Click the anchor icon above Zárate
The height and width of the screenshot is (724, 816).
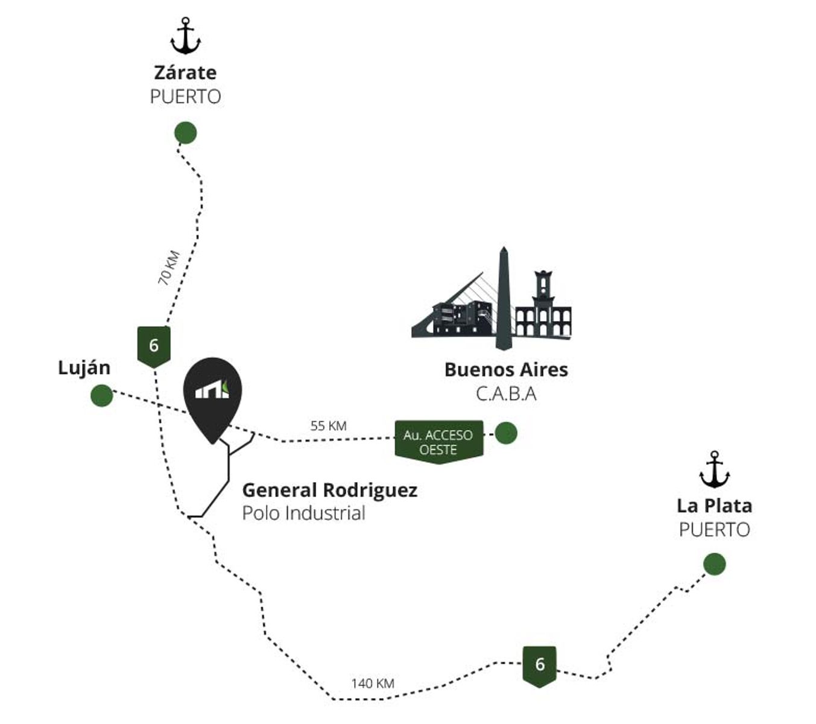[x=185, y=36]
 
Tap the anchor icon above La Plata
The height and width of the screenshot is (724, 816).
[x=714, y=469]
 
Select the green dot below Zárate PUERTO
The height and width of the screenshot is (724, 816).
[x=185, y=133]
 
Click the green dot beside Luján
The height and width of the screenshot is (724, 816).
[x=101, y=395]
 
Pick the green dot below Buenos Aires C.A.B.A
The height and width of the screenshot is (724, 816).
[x=505, y=433]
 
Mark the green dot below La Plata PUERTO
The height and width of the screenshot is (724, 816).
[x=715, y=564]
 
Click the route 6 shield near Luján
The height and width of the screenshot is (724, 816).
[x=154, y=346]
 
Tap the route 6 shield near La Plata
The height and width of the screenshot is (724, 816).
[x=539, y=667]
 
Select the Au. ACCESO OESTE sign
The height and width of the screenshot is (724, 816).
[x=438, y=442]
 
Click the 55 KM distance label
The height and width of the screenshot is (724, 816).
[x=328, y=426]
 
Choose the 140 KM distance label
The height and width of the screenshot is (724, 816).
[x=373, y=684]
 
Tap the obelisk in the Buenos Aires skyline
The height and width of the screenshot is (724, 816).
[x=503, y=298]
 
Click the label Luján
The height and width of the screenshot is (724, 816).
[x=84, y=368]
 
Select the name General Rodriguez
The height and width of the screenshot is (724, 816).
[x=329, y=491]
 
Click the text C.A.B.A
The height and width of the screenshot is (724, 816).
[x=506, y=394]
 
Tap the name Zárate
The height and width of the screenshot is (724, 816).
[x=185, y=72]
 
